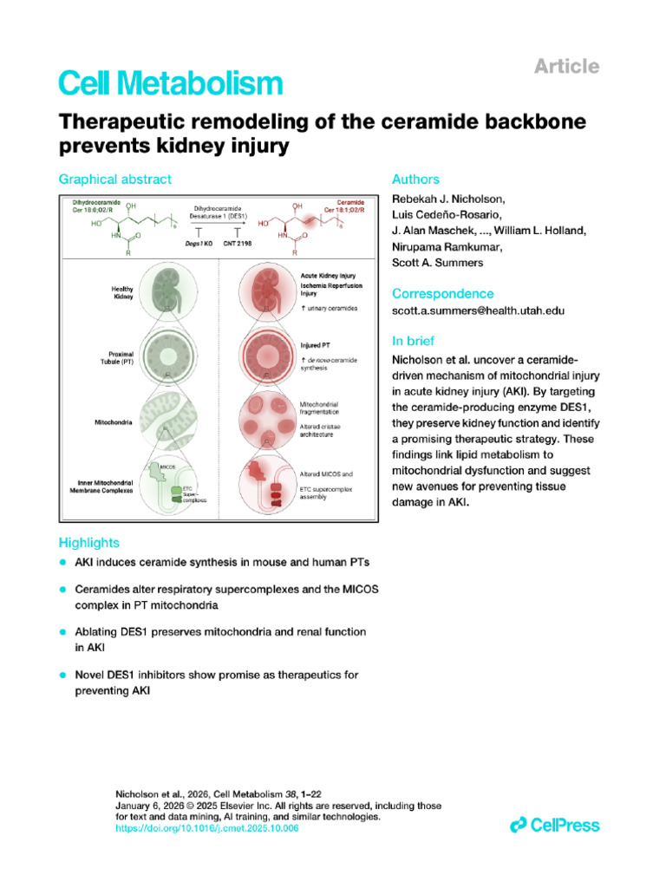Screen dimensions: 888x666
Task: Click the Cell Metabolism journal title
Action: [170, 83]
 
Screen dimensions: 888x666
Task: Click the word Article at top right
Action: [566, 66]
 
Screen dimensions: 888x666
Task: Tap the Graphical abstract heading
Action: [114, 180]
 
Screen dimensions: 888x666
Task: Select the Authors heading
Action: [415, 180]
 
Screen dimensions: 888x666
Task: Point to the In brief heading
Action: [414, 341]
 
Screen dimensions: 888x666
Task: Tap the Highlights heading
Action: [88, 543]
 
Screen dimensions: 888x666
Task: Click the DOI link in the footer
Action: [206, 828]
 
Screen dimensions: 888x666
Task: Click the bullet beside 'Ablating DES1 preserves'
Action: [62, 632]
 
